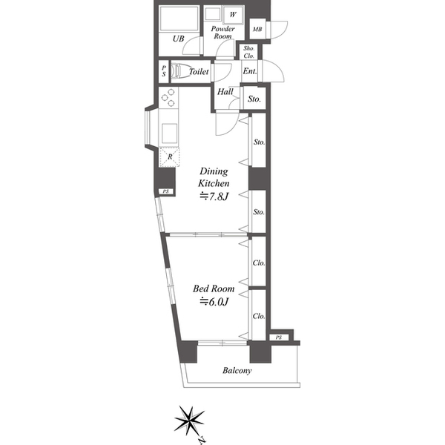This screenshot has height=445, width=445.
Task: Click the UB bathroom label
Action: click(x=178, y=39)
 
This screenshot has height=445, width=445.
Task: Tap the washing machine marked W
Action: click(x=233, y=15)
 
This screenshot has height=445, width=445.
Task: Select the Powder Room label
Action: click(x=222, y=33)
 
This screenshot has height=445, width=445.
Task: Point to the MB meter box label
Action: click(x=257, y=29)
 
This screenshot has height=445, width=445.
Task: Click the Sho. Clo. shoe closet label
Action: click(x=249, y=52)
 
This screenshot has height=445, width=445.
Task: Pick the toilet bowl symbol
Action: click(x=179, y=71)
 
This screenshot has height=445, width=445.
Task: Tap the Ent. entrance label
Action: click(x=250, y=71)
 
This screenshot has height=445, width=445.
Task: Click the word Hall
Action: click(x=225, y=92)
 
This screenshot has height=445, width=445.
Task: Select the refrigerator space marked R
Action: click(x=169, y=157)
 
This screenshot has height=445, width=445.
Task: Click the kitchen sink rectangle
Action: click(x=169, y=133)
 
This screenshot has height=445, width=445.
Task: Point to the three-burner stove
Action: click(x=168, y=98)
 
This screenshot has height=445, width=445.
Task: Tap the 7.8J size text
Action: click(x=214, y=197)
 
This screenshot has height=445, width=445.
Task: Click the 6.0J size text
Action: click(x=214, y=302)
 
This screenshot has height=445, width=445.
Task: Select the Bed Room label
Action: click(x=214, y=289)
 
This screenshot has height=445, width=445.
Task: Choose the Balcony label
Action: click(x=237, y=371)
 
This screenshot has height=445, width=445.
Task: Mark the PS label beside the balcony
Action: click(x=279, y=337)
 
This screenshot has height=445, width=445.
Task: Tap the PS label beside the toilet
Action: click(x=164, y=71)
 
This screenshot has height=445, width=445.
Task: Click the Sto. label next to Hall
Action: click(x=254, y=99)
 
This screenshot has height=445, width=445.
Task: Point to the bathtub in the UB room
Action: click(x=179, y=18)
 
